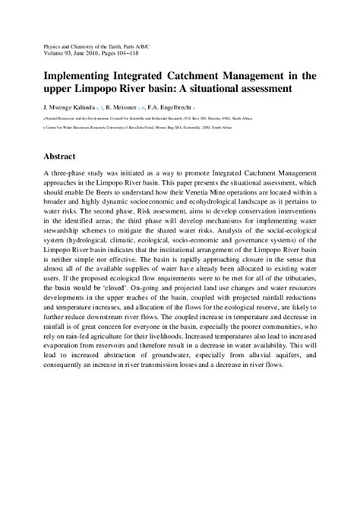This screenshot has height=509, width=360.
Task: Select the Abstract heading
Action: pyautogui.click(x=58, y=156)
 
